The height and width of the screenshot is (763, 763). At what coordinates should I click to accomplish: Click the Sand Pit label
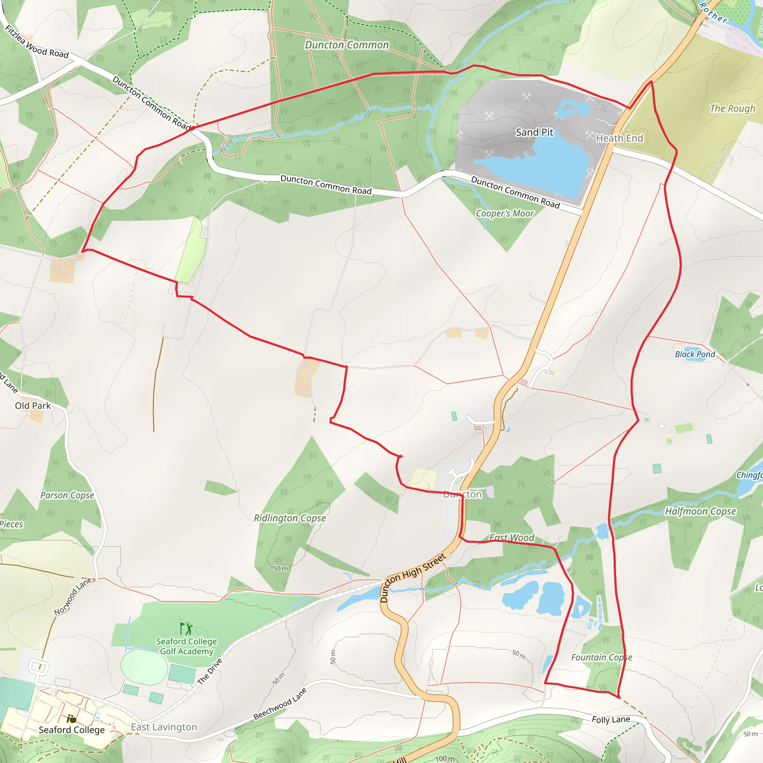[534, 132]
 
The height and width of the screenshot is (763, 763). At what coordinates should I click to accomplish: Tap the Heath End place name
[619, 138]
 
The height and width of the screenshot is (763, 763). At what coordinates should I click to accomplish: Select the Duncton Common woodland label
[347, 45]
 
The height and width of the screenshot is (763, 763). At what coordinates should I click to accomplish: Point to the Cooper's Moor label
[504, 213]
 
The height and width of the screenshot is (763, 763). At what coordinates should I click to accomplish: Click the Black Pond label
[695, 354]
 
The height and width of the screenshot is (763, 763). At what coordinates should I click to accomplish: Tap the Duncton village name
[462, 494]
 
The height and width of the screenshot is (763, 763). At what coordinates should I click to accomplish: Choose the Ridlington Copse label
[290, 518]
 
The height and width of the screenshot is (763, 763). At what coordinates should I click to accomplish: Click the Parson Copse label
[67, 495]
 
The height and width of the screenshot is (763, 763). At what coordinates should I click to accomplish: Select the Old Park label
[33, 406]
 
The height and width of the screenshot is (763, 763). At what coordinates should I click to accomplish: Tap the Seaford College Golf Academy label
[186, 646]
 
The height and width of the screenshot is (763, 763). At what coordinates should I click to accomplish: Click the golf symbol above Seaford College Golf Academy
[186, 629]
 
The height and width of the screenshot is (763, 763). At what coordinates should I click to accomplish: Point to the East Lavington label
[164, 727]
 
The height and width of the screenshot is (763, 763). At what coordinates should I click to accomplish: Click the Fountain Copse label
[601, 658]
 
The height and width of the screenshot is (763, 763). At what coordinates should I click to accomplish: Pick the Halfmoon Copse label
[700, 512]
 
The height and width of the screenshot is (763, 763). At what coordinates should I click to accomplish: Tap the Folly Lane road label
[611, 719]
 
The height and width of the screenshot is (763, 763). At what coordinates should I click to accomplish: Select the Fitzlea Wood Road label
[37, 41]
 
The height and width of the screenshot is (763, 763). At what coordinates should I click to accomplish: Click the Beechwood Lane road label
[280, 704]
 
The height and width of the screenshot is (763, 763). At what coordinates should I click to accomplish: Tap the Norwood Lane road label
[73, 596]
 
